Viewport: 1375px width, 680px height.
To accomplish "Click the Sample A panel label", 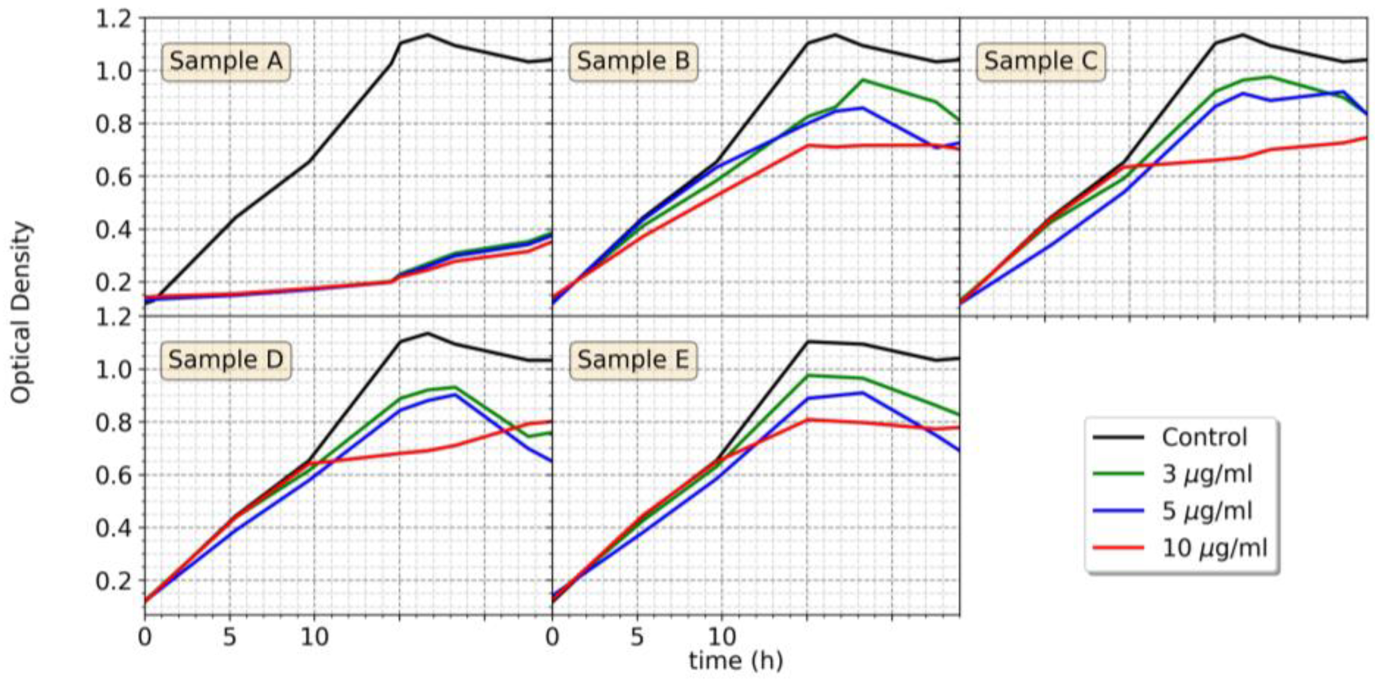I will [225, 61].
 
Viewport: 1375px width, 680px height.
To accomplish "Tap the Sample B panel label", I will [633, 61].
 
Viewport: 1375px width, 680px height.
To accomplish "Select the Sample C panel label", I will [1040, 61].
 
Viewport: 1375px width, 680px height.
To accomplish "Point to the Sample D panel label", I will [225, 360].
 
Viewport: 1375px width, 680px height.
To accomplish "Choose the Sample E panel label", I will [633, 360].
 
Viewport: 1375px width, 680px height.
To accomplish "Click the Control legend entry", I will [1204, 438].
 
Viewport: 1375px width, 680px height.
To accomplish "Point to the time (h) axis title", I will [736, 661].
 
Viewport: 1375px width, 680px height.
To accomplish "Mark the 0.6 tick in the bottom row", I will [113, 475].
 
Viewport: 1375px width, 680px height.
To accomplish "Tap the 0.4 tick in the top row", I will [113, 230].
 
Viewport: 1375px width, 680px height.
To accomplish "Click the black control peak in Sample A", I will [427, 35].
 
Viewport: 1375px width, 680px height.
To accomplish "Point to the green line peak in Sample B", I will [862, 80].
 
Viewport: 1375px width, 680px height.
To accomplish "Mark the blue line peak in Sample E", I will [862, 393].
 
